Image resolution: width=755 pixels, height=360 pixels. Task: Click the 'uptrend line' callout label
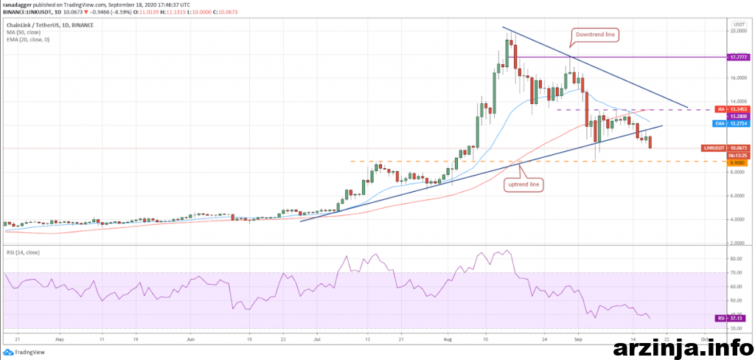[x=525, y=184]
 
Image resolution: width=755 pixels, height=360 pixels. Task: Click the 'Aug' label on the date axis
[x=448, y=341]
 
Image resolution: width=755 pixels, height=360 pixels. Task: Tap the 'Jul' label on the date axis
[x=318, y=341]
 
